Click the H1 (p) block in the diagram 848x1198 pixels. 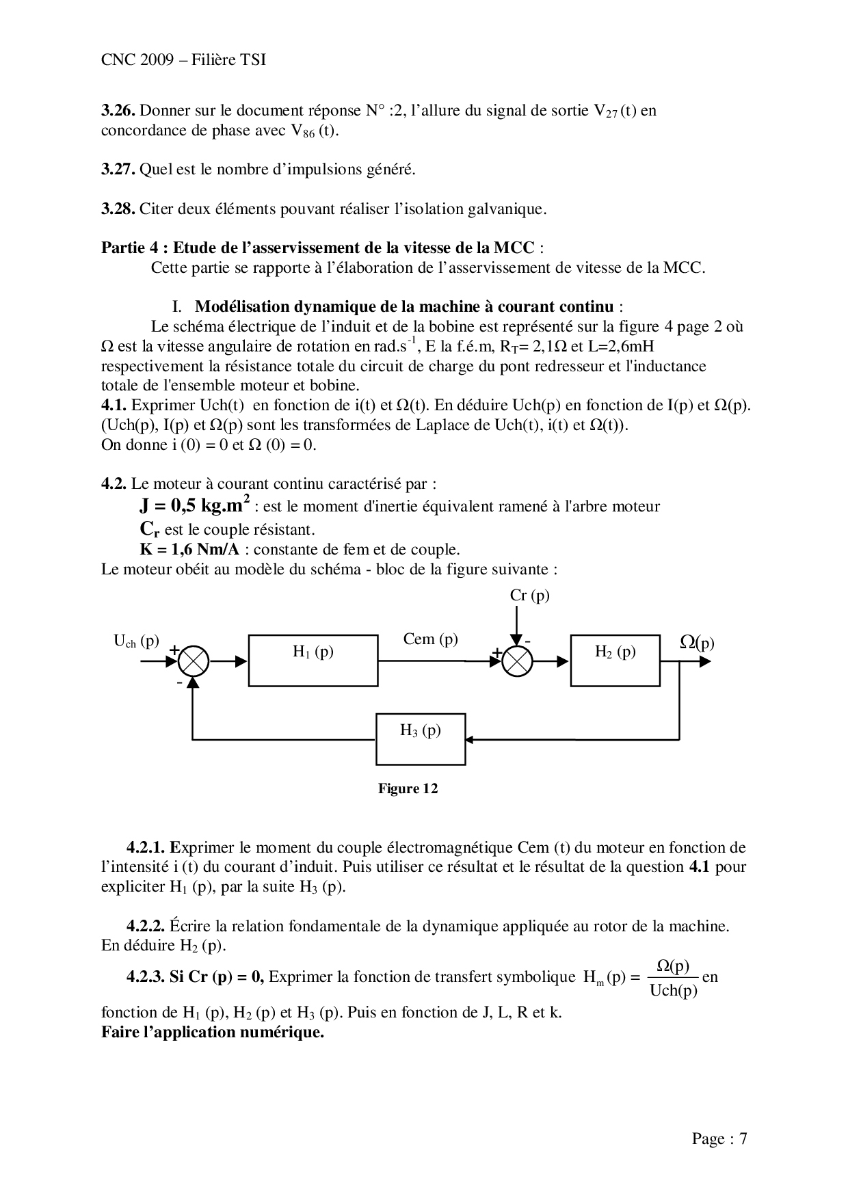[313, 660]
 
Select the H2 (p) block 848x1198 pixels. [615, 660]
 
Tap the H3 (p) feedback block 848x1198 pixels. [420, 739]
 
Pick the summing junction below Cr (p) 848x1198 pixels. [518, 661]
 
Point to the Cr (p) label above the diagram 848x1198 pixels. [529, 596]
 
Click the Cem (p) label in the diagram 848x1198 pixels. [430, 639]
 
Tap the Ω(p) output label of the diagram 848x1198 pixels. [697, 643]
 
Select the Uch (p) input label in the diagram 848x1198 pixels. [136, 641]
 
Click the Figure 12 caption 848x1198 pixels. [408, 789]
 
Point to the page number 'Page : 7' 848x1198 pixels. [719, 1139]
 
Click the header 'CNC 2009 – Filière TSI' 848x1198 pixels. [183, 60]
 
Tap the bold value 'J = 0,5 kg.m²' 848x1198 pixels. [194, 505]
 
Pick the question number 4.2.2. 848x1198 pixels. [146, 927]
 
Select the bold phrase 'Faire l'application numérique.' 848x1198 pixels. [212, 1032]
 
